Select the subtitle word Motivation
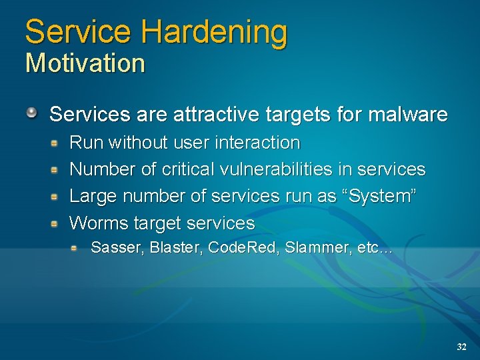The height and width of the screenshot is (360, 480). tap(85, 64)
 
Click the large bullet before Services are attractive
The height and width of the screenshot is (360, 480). tap(32, 113)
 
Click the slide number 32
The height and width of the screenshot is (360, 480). tap(461, 347)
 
